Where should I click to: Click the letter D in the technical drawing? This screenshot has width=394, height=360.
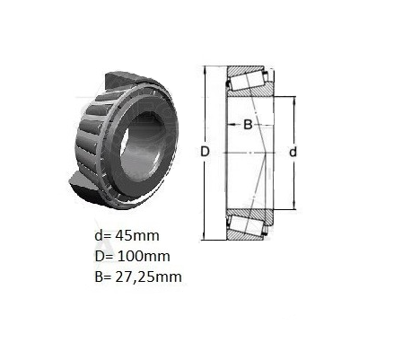click(205, 152)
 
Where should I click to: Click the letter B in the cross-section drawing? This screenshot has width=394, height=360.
click(248, 125)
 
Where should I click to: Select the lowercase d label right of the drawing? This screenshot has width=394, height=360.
click(293, 152)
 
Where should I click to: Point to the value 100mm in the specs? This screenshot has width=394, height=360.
click(144, 256)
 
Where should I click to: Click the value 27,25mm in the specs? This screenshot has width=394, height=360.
click(149, 277)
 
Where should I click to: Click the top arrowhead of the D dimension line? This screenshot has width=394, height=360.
click(205, 70)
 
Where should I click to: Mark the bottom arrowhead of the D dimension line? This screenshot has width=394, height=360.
click(205, 236)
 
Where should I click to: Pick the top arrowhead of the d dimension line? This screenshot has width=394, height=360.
click(294, 101)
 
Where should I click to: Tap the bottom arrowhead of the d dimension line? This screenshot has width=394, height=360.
click(294, 206)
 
